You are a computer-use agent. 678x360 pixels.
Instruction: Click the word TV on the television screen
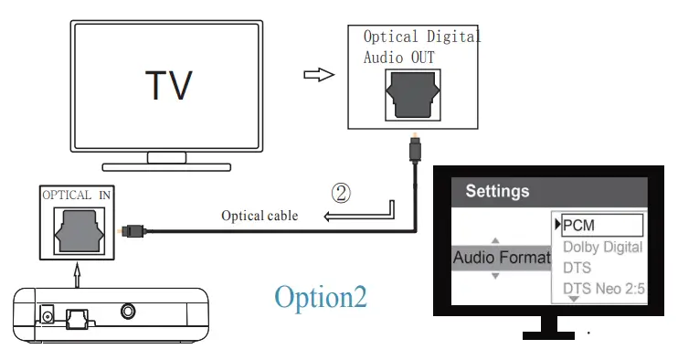169,85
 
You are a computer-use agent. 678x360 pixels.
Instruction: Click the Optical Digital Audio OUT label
420,47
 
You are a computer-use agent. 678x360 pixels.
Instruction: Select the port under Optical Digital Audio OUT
414,95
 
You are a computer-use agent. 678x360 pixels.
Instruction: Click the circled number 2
340,193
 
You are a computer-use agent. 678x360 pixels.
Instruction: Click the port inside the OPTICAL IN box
79,231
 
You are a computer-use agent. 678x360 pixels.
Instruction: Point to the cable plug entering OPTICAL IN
133,231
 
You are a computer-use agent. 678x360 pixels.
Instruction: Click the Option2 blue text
321,298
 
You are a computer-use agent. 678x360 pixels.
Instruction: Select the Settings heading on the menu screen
497,192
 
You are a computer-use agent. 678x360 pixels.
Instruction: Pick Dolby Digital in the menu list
602,247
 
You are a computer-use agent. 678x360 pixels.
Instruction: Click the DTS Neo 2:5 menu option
602,289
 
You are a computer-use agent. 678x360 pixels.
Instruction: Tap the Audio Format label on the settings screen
501,258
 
